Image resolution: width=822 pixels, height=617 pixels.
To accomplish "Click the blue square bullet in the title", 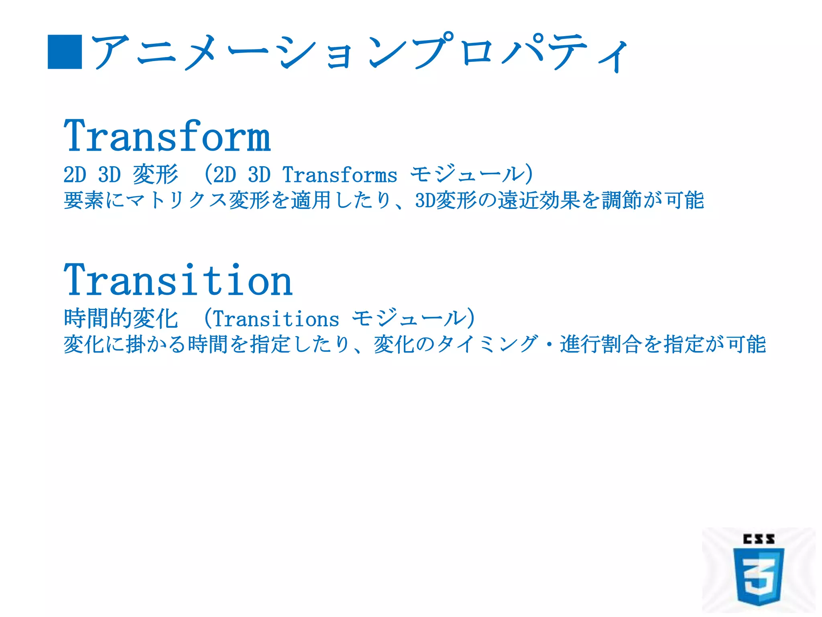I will [x=65, y=52].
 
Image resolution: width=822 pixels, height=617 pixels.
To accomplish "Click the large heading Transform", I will [x=167, y=137].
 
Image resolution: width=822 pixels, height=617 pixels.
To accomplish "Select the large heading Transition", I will [x=178, y=280].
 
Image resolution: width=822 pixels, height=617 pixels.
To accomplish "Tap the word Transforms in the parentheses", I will [x=340, y=175].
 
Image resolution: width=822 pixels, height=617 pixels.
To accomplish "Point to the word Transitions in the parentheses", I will [x=276, y=319].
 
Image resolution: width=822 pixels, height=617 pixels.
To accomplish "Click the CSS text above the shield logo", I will [x=758, y=539].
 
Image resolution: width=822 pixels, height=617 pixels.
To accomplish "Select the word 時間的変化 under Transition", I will [x=120, y=319].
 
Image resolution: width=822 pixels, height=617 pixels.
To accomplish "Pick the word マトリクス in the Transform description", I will [x=177, y=200].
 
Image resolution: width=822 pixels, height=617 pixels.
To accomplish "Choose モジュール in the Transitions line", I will [x=409, y=319].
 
